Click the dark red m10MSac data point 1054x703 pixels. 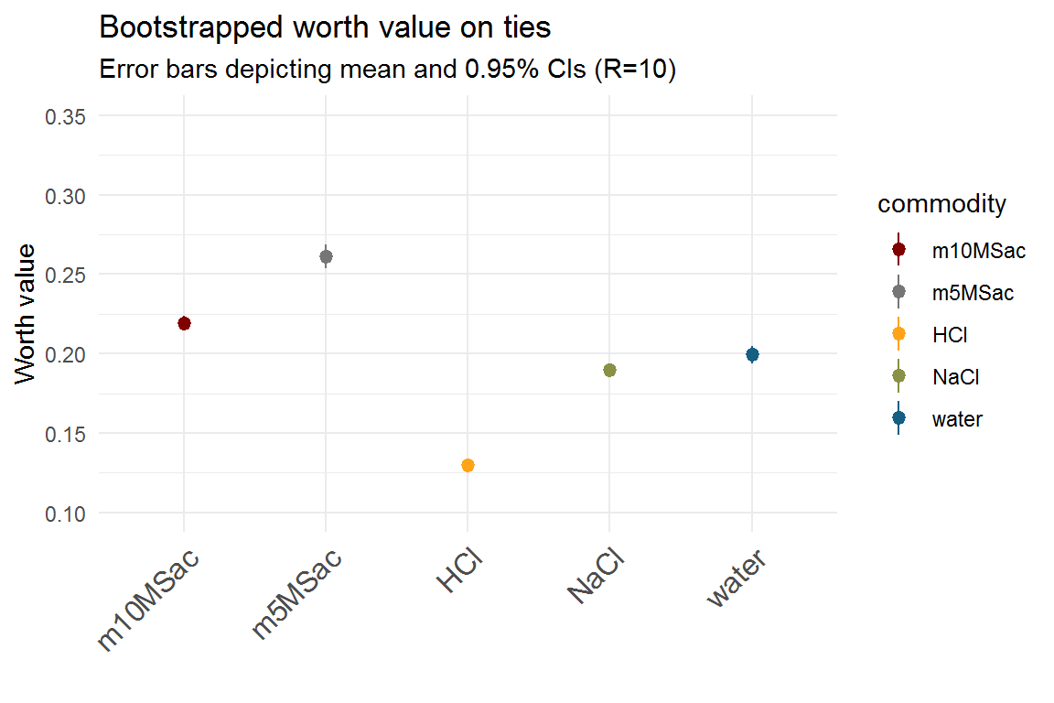pyautogui.click(x=184, y=323)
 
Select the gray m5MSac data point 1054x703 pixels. pyautogui.click(x=326, y=256)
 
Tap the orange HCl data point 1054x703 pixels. pyautogui.click(x=468, y=465)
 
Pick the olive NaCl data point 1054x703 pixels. pyautogui.click(x=609, y=370)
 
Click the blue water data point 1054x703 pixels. pyautogui.click(x=752, y=354)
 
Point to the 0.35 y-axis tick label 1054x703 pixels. pyautogui.click(x=67, y=116)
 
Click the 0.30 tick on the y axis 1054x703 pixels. pyautogui.click(x=67, y=196)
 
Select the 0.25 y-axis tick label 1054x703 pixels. pyautogui.click(x=67, y=275)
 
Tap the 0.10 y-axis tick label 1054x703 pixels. pyautogui.click(x=67, y=513)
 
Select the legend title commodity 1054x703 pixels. pyautogui.click(x=941, y=204)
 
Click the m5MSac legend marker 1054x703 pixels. pyautogui.click(x=898, y=292)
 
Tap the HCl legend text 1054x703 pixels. pyautogui.click(x=950, y=335)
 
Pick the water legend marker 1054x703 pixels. pyautogui.click(x=898, y=418)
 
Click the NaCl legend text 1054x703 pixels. pyautogui.click(x=954, y=377)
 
